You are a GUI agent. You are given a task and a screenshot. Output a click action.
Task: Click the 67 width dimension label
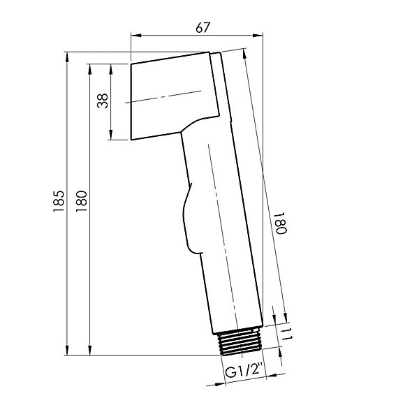point(203,27)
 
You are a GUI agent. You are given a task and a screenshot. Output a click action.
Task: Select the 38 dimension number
point(103,101)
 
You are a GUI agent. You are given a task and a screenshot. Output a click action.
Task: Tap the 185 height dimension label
point(59,201)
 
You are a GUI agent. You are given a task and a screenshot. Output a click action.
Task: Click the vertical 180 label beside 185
point(81,201)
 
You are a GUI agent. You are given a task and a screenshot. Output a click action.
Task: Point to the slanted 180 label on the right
point(281,223)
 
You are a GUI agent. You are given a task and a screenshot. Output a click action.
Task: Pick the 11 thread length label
point(286,334)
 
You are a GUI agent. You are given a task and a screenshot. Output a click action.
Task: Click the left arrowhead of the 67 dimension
point(135,36)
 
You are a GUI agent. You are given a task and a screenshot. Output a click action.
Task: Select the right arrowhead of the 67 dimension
point(258,36)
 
